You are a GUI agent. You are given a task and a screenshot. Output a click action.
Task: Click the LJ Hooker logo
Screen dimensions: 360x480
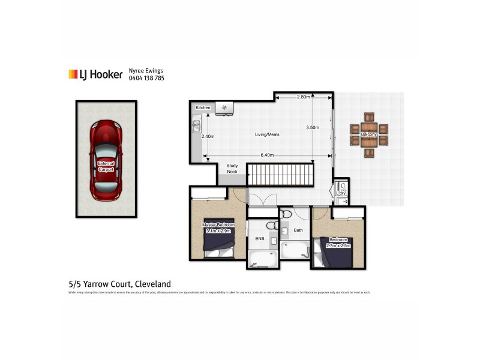[x=95, y=74]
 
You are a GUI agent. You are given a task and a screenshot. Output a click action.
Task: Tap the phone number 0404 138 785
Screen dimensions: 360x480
[x=146, y=79]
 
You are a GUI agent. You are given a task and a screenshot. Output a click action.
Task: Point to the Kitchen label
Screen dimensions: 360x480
[x=203, y=107]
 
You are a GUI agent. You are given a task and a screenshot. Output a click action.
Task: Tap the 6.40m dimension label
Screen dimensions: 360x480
[x=267, y=155]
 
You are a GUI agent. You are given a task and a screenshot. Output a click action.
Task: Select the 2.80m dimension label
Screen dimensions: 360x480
[x=303, y=97]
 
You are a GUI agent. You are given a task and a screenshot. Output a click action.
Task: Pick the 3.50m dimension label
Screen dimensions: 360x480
[x=312, y=127]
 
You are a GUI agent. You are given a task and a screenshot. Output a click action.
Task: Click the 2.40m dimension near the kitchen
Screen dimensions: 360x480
[x=208, y=136]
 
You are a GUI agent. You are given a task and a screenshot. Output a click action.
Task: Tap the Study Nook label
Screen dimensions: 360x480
[x=232, y=169]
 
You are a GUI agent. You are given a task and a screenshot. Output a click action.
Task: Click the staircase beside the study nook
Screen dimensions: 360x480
[x=281, y=175]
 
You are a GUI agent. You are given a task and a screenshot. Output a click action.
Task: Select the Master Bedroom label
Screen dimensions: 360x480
[x=218, y=227]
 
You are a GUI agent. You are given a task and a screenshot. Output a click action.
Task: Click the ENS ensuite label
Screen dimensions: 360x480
[x=260, y=239]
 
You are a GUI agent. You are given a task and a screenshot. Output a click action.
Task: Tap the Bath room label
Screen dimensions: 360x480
[x=298, y=230]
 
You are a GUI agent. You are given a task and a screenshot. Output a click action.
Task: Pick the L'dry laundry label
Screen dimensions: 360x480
[x=340, y=193]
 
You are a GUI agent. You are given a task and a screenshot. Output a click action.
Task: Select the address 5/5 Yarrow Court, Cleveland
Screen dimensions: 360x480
[x=119, y=284]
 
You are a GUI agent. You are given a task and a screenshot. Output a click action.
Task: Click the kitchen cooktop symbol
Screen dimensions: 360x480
[x=225, y=107]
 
